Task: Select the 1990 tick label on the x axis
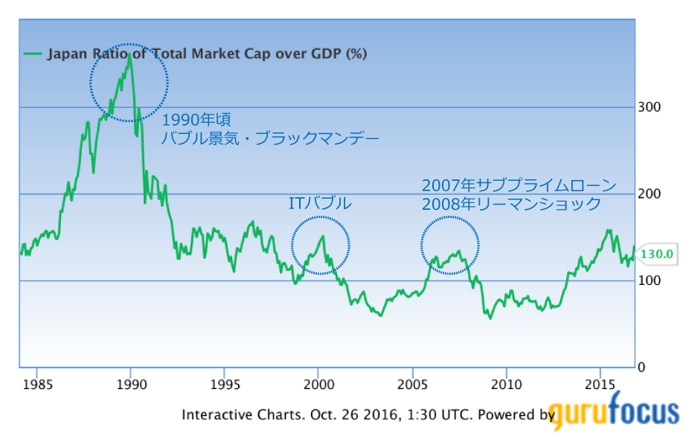131,384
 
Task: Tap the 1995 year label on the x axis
225,384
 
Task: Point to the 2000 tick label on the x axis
318,384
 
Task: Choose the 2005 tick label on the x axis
412,384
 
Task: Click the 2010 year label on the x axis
506,384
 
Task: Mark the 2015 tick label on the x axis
600,384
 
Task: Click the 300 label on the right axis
650,107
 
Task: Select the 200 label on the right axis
650,194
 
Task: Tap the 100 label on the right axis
650,280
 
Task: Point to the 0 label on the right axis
642,368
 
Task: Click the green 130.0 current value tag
657,254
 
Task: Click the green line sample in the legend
33,54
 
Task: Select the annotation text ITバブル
319,203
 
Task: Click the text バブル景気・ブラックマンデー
271,138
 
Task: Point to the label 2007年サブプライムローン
519,185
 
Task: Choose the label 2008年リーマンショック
510,204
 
